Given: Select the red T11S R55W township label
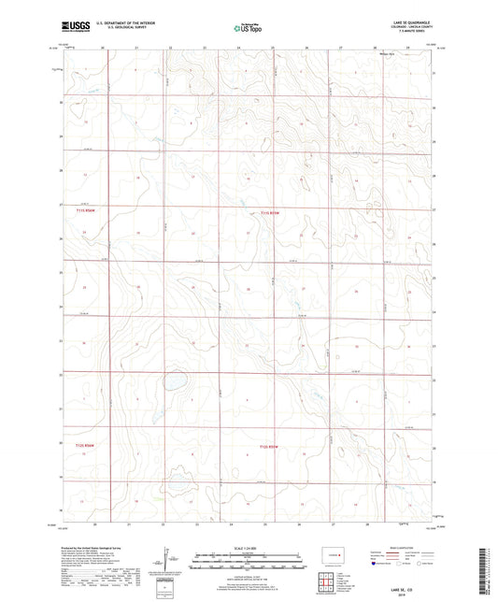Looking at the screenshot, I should (x=269, y=212).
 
